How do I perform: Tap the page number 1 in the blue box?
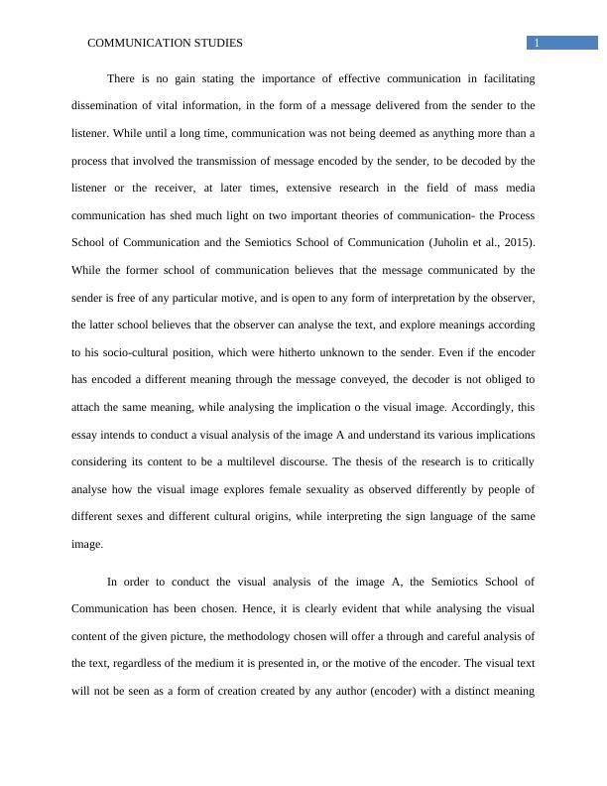tap(537, 43)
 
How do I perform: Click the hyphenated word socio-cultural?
tap(127, 352)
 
